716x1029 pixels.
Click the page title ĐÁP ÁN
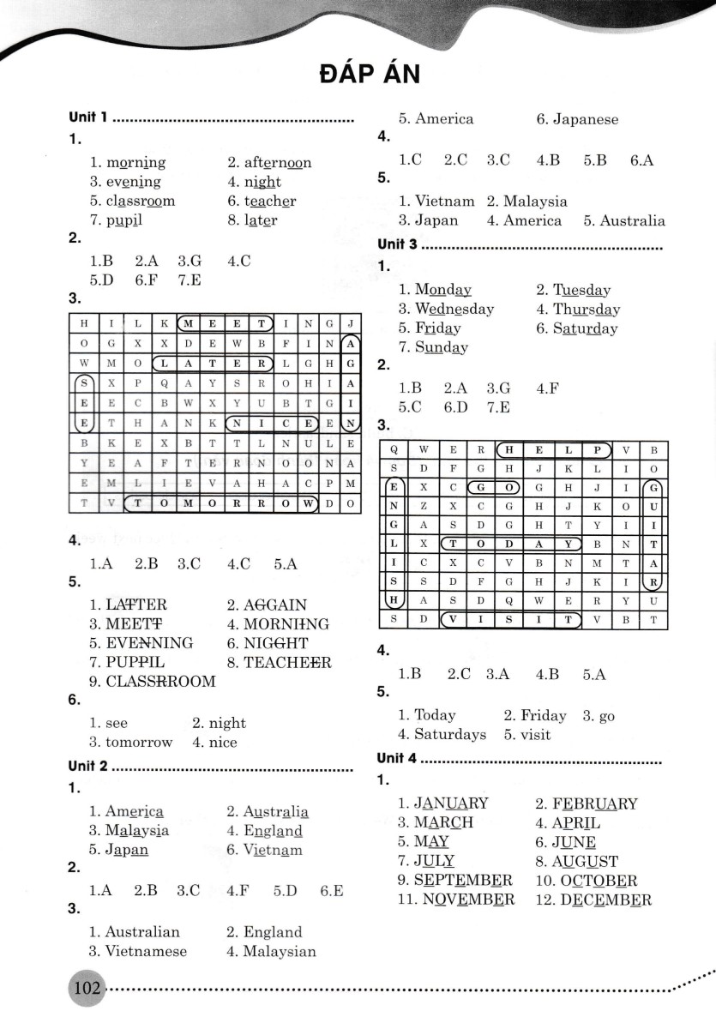[x=369, y=75]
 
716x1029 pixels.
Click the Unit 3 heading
[x=397, y=244]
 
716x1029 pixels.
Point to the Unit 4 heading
[x=397, y=759]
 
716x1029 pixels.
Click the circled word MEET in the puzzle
[x=226, y=324]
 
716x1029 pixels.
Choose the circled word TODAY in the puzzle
[x=509, y=543]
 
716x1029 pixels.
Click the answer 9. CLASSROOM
[x=153, y=682]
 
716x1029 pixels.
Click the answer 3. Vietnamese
[x=137, y=951]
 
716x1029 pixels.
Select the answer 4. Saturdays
[x=442, y=735]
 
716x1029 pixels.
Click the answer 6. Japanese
[x=577, y=119]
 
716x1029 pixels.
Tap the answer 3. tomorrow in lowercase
[x=130, y=743]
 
